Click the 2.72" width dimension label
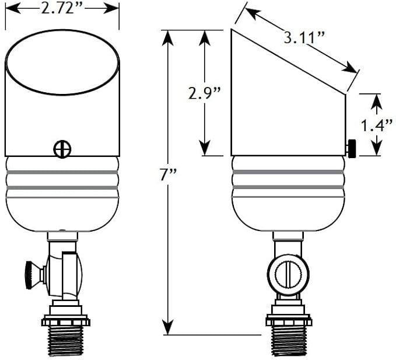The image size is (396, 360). (x=62, y=10)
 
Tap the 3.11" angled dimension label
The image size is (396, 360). (x=304, y=39)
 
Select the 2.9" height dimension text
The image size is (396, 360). (x=205, y=93)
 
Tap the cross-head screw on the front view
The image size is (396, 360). (x=62, y=149)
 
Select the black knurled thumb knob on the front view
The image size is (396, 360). (x=32, y=275)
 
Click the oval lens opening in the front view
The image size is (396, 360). (x=62, y=62)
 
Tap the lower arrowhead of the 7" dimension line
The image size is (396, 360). (x=168, y=327)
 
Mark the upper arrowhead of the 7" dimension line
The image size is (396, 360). (x=168, y=38)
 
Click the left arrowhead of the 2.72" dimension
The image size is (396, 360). (x=13, y=9)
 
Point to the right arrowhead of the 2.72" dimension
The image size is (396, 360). (x=111, y=9)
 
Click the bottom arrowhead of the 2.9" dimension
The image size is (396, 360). (x=205, y=148)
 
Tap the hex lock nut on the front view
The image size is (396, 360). (x=65, y=320)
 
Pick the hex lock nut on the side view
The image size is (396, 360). (x=289, y=320)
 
